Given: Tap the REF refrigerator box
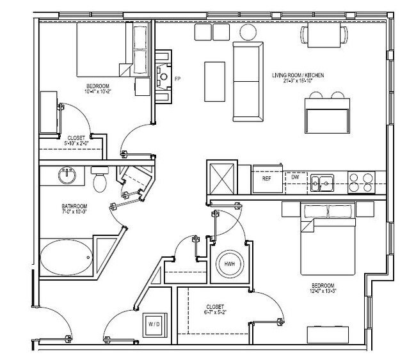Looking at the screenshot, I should (x=266, y=179).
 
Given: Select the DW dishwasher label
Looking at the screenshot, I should (x=296, y=178).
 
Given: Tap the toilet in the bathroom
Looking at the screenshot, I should (x=99, y=181).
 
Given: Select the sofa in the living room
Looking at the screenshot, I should (x=247, y=82).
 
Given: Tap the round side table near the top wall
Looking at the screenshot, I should (x=247, y=32).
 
